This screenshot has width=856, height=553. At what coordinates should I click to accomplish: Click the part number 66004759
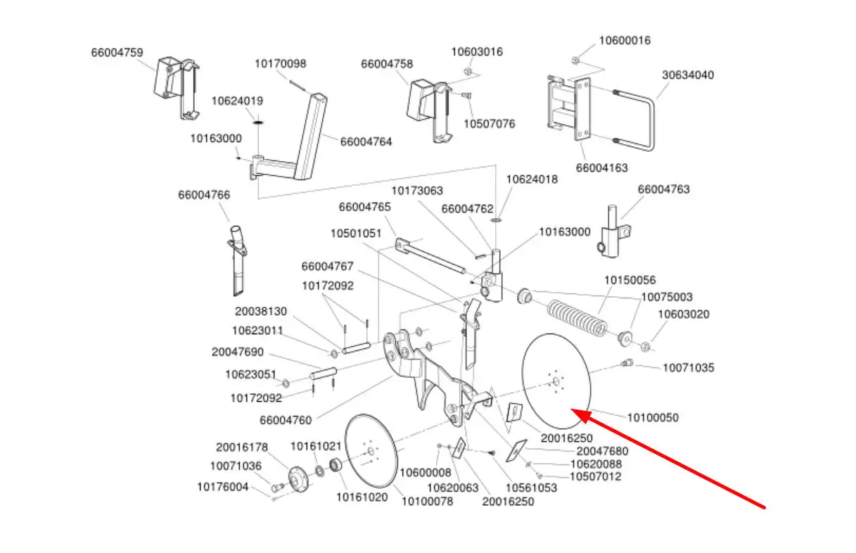click(x=117, y=52)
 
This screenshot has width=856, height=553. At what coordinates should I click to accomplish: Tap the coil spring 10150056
click(x=577, y=319)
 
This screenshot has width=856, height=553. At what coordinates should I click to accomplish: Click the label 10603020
click(x=684, y=314)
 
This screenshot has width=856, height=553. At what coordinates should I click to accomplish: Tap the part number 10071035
click(x=689, y=367)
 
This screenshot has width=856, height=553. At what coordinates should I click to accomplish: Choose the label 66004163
click(x=601, y=168)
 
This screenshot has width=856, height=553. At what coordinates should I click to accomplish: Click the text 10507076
click(x=489, y=124)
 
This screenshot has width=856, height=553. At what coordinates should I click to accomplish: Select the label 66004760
click(x=286, y=421)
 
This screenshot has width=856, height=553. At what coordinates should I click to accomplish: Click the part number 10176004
click(x=222, y=486)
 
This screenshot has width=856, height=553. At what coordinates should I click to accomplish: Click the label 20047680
click(x=602, y=451)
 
